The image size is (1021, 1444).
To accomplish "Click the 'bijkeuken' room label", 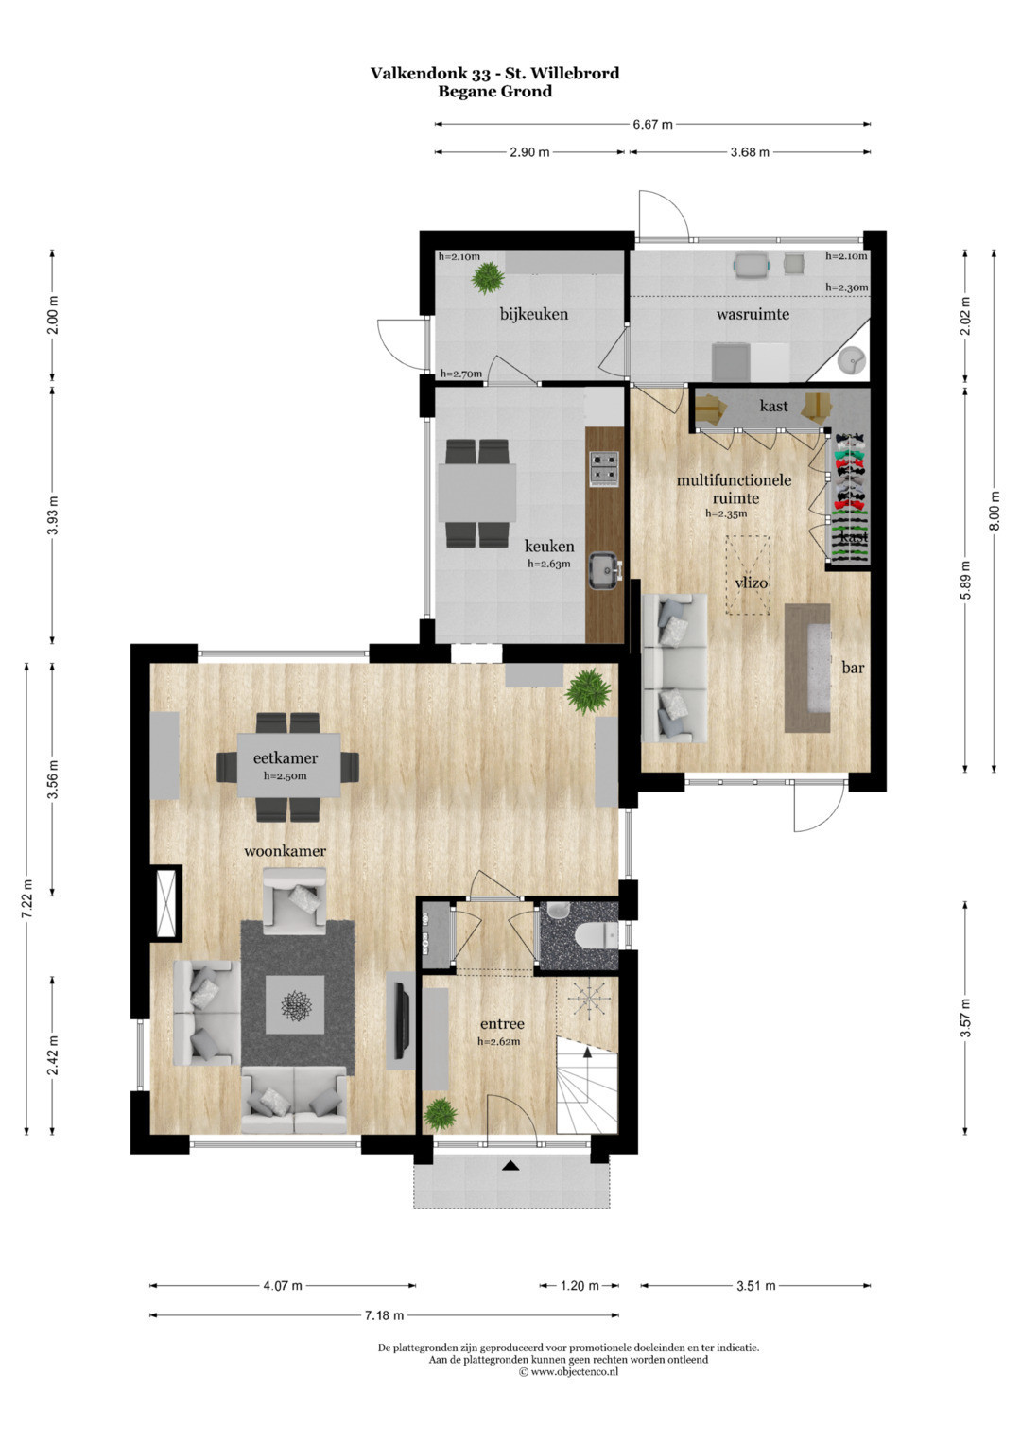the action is [534, 315].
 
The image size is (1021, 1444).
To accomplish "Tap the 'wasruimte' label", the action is [753, 315].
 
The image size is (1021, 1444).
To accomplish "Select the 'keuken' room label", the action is [548, 546].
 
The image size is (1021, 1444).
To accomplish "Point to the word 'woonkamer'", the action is [285, 851].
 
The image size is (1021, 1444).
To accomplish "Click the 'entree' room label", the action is [502, 1024].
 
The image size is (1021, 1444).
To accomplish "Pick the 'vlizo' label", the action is [751, 583].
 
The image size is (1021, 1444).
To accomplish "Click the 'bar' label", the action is [853, 668].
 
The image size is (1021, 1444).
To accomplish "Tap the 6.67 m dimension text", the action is [652, 125].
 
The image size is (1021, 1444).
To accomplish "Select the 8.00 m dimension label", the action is [995, 511].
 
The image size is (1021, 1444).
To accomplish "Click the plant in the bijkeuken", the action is [487, 278].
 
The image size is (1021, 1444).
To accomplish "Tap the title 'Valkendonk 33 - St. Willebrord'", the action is [495, 74].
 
